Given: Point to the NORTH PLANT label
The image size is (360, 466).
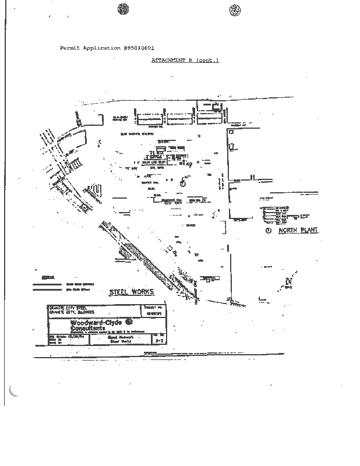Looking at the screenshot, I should point(298,231).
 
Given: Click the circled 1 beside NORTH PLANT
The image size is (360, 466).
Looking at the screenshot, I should point(269,231).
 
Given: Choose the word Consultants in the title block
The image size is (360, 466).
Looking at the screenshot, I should point(84,328).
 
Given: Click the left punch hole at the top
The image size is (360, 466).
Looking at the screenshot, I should point(122,9).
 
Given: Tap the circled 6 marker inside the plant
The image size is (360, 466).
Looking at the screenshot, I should point(182,182).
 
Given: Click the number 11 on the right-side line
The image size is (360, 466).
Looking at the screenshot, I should point(252,176).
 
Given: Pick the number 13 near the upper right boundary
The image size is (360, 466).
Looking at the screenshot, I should point(231,132).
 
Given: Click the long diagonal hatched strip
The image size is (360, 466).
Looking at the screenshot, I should point(146,256).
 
